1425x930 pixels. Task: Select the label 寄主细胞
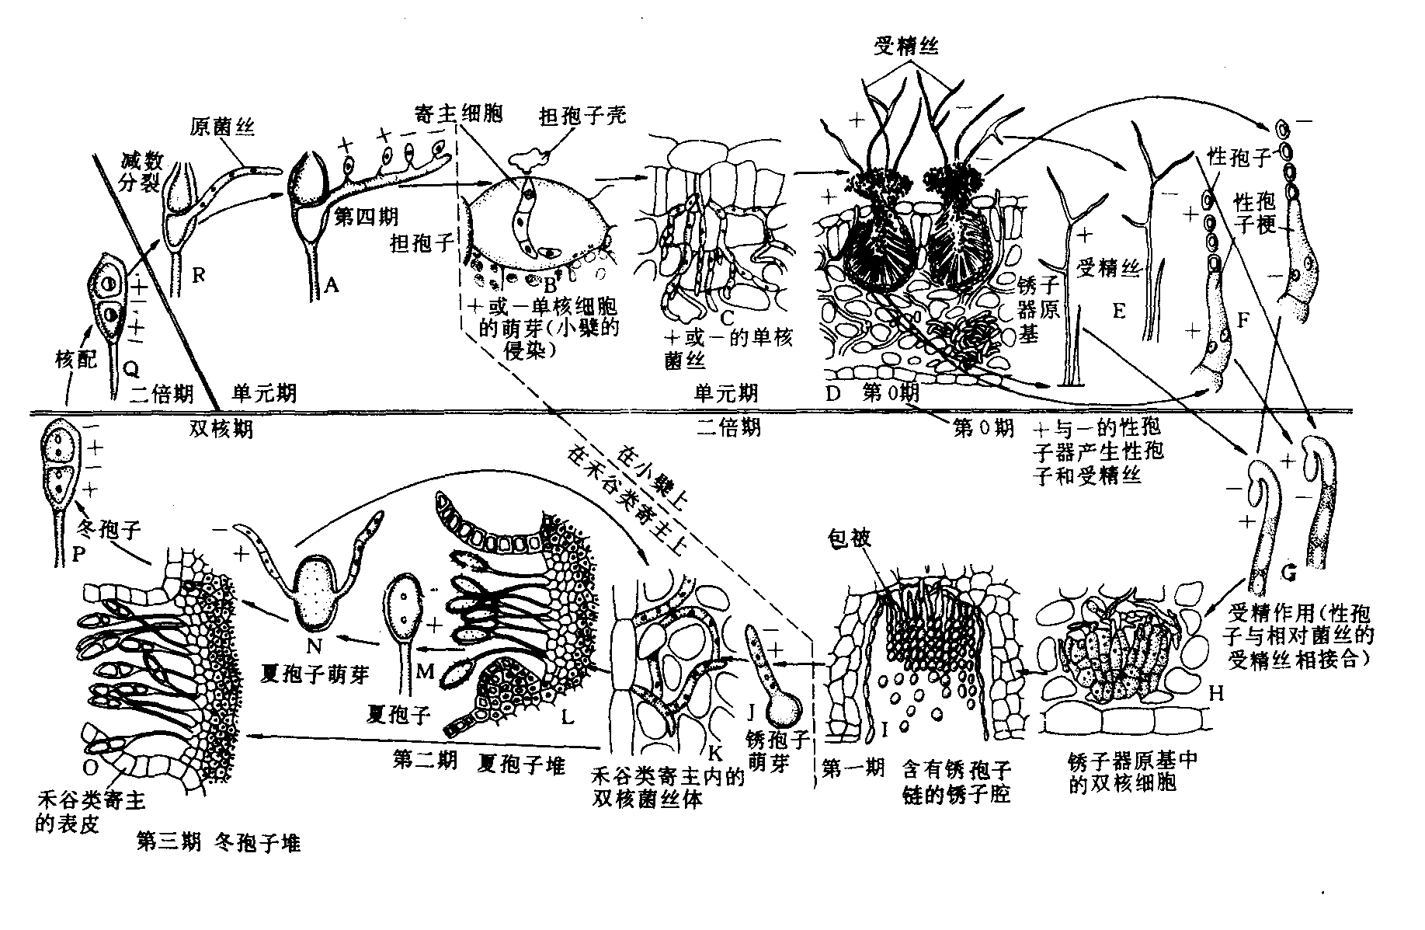click(x=458, y=114)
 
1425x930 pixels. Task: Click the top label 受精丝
click(x=906, y=47)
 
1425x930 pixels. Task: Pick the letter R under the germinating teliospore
click(x=199, y=274)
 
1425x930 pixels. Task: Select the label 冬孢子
click(x=110, y=531)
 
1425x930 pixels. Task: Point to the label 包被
click(x=852, y=538)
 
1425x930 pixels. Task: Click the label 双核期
click(x=221, y=428)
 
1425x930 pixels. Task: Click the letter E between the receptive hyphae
click(x=1118, y=311)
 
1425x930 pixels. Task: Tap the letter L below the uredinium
click(x=568, y=716)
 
